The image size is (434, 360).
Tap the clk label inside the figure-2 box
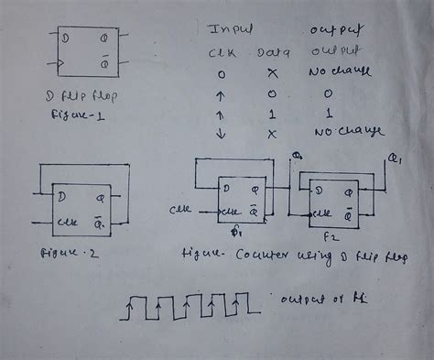tap(66, 220)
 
